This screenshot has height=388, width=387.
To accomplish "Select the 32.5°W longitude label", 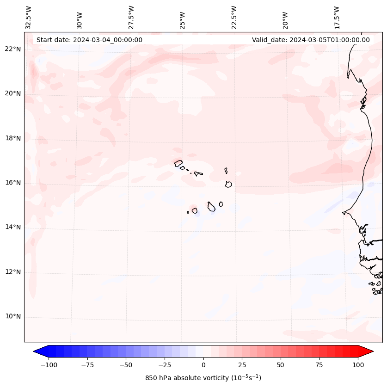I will (x=29, y=17).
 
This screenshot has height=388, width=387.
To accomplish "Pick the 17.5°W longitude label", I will (x=337, y=17).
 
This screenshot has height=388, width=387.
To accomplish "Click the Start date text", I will (x=89, y=40).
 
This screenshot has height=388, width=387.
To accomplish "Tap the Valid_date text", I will (x=311, y=40).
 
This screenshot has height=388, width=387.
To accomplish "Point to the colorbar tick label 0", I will (x=203, y=365).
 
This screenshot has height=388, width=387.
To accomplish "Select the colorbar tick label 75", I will (x=320, y=365).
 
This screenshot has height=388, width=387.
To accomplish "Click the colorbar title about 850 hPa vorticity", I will (x=203, y=378).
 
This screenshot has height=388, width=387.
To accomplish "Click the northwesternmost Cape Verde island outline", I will (x=178, y=163).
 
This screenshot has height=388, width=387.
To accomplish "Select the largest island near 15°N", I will (x=211, y=207).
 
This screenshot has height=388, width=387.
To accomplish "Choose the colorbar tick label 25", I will (x=242, y=365).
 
